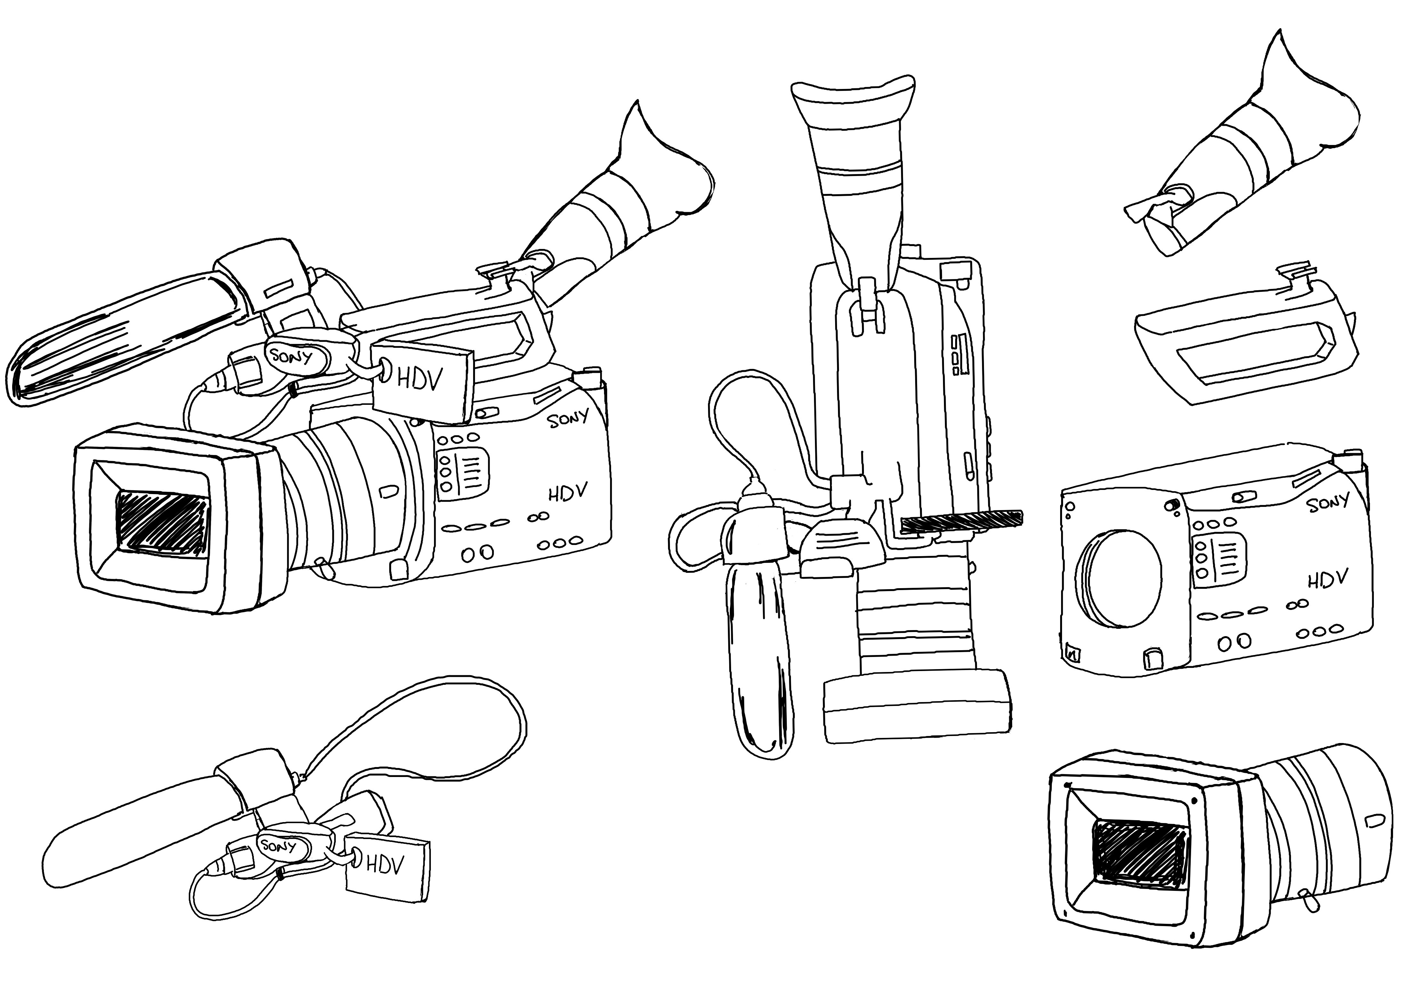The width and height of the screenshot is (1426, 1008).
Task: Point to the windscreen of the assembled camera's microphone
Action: coord(121,339)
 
